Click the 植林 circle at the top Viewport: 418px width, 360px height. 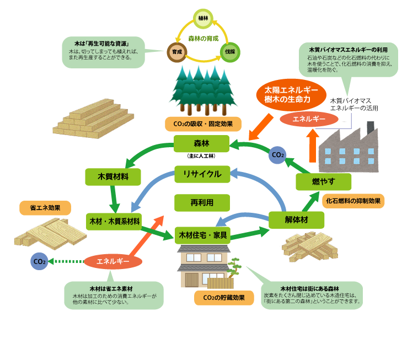[x=203, y=18]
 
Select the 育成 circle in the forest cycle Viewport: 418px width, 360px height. [x=176, y=52]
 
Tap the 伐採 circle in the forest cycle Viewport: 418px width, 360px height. [x=229, y=52]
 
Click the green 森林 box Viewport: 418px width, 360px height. [x=201, y=144]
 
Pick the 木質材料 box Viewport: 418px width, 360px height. [x=113, y=177]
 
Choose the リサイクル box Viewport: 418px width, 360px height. [x=202, y=174]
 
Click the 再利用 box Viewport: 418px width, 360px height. [x=202, y=203]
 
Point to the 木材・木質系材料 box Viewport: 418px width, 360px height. [x=114, y=221]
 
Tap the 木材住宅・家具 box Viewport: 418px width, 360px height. [x=202, y=235]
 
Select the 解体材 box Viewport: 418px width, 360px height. [x=297, y=220]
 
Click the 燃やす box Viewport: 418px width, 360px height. [x=323, y=181]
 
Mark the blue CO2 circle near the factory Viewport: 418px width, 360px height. [x=277, y=155]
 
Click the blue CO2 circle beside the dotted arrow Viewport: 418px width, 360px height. [x=39, y=261]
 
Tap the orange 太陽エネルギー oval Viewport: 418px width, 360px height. [x=291, y=94]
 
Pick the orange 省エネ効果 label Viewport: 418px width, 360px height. [x=45, y=208]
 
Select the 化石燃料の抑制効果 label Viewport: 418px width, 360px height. [x=352, y=201]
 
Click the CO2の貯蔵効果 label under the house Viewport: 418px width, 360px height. [x=219, y=298]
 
